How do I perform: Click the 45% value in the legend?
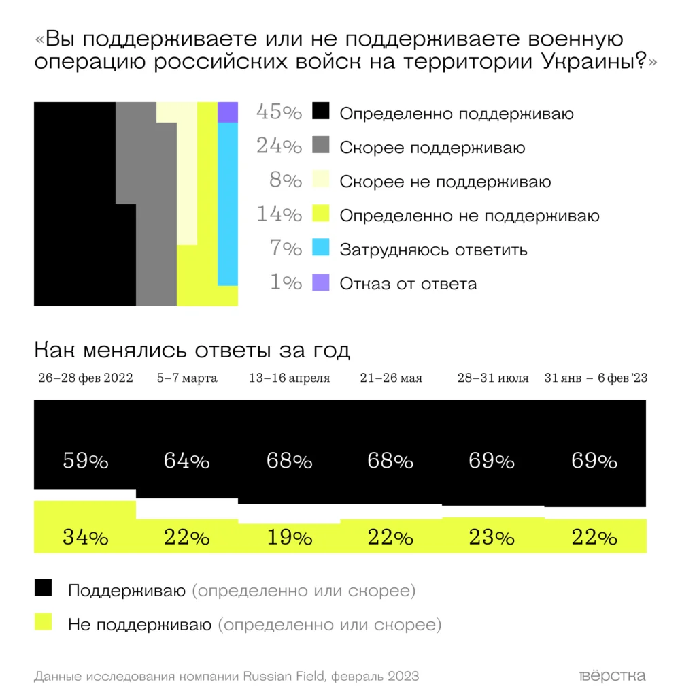click(x=279, y=112)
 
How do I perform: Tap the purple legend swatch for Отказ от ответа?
click(x=320, y=282)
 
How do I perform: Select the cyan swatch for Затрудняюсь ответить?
click(x=320, y=248)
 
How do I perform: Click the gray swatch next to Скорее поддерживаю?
click(x=320, y=146)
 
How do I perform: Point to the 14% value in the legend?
click(x=279, y=214)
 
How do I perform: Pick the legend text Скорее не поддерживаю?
click(x=445, y=182)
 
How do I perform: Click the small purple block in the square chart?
click(x=227, y=112)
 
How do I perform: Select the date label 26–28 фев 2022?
click(x=86, y=378)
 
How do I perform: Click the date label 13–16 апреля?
click(x=289, y=378)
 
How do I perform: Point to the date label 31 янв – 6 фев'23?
click(x=596, y=378)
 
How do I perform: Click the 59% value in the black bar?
click(x=86, y=461)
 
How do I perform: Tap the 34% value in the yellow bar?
click(x=86, y=538)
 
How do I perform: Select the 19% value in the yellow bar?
click(x=289, y=538)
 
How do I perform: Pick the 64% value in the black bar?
click(x=186, y=461)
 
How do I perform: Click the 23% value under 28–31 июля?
click(x=492, y=538)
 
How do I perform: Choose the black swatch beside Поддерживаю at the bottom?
click(x=43, y=589)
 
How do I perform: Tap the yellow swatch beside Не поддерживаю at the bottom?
click(x=43, y=621)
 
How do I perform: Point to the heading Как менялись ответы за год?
click(x=192, y=351)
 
